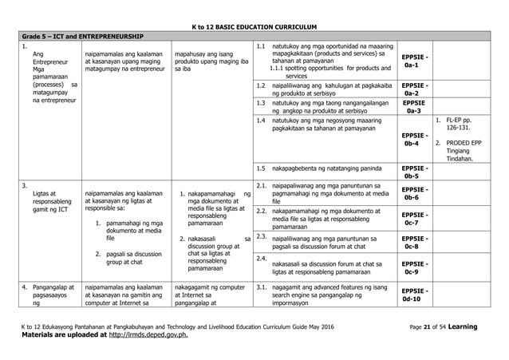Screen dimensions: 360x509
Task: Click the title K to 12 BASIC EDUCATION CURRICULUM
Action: point(254,26)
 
